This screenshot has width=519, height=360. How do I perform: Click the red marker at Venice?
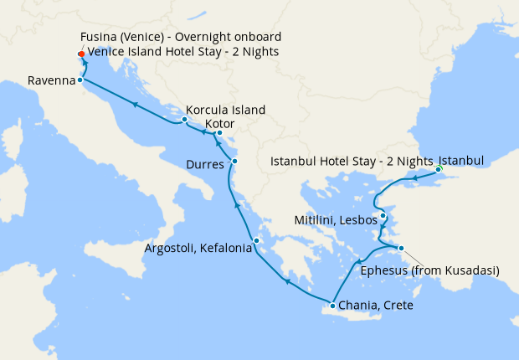80,55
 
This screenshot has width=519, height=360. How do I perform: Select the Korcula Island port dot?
184,120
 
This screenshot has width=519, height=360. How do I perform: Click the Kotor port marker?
218,133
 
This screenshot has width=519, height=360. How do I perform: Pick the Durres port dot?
234,161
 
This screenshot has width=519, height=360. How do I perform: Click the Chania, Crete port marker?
332,305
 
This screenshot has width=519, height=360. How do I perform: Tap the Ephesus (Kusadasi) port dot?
401,248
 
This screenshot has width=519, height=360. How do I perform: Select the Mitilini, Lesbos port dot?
383,217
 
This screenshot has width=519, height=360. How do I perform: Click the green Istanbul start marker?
439,171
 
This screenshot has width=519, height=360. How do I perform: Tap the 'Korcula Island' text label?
226,110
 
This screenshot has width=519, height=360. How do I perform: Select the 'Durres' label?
205,164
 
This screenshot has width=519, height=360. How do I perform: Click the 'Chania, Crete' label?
376,306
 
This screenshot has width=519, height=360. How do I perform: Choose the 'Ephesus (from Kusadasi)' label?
429,270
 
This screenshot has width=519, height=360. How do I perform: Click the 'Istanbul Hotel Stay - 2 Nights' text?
352,159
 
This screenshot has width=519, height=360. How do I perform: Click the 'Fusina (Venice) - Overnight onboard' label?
181,38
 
